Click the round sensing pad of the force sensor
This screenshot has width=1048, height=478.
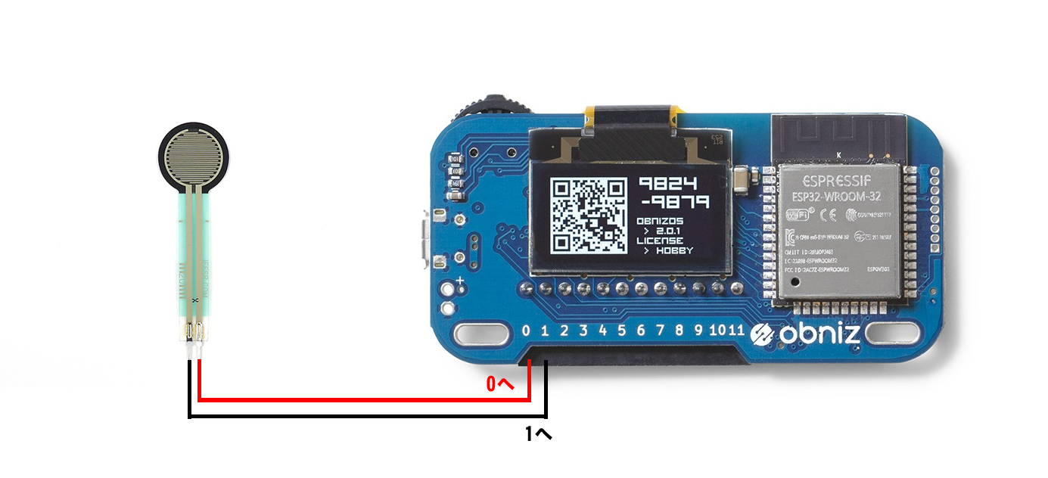(194, 157)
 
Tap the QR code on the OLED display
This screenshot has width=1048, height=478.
(588, 215)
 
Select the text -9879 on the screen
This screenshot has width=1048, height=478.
(673, 202)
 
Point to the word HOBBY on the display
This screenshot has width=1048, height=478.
(674, 250)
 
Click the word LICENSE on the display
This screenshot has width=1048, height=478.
(660, 241)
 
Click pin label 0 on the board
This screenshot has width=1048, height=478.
(527, 331)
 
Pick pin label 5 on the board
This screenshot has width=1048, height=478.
(621, 331)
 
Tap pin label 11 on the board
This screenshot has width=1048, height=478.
(737, 331)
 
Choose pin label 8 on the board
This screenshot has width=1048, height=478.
(679, 331)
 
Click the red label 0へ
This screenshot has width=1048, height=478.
(500, 384)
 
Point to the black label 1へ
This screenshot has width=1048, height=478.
(539, 434)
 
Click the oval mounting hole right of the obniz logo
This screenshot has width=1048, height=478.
(893, 333)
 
